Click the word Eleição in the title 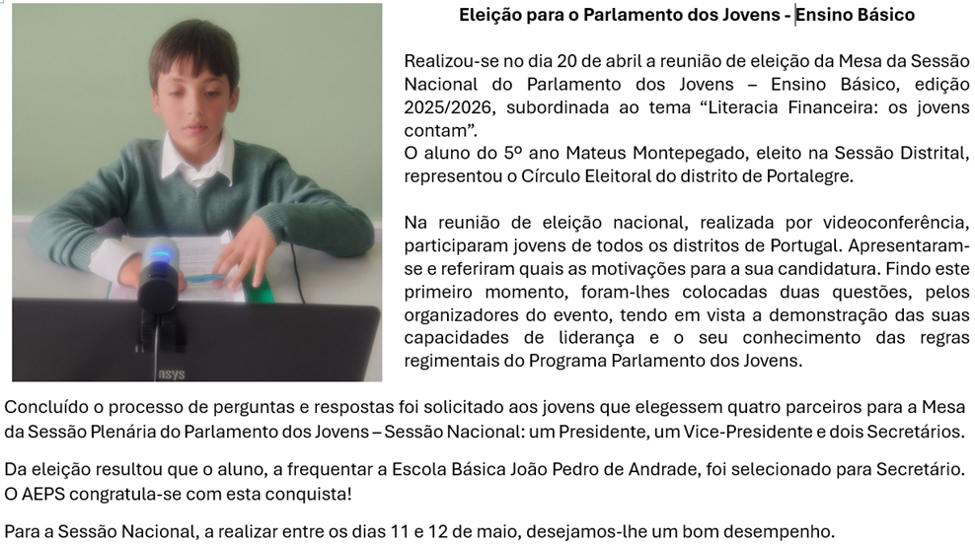click(489, 16)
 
